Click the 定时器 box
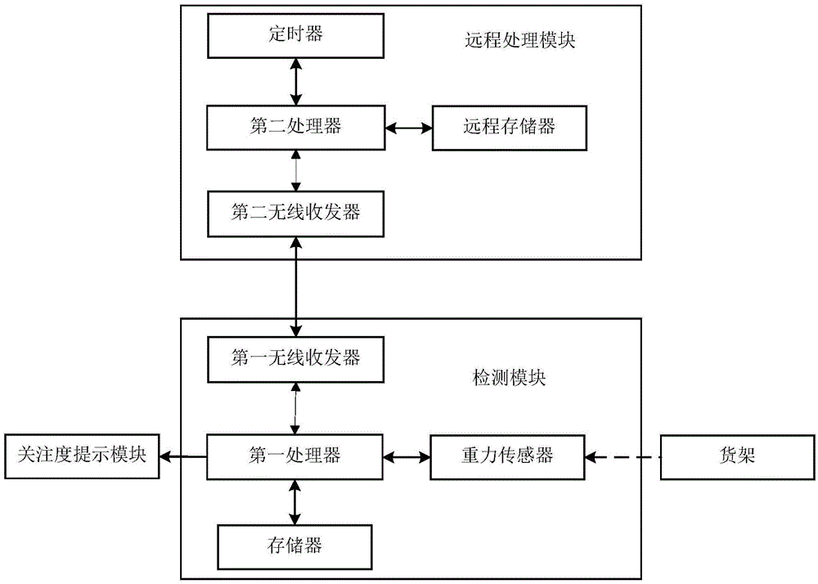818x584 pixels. point(294,35)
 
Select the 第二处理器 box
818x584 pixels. point(294,127)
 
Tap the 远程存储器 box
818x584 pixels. point(509,128)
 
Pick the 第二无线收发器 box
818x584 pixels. point(294,212)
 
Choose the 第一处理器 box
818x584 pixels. point(294,455)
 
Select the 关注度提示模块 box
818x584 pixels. point(81,456)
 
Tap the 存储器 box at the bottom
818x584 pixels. point(294,542)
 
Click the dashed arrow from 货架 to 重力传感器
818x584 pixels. point(627,456)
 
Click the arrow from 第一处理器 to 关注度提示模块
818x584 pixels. point(182,456)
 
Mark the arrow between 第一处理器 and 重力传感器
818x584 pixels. point(407,456)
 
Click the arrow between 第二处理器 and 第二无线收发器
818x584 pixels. point(294,169)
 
